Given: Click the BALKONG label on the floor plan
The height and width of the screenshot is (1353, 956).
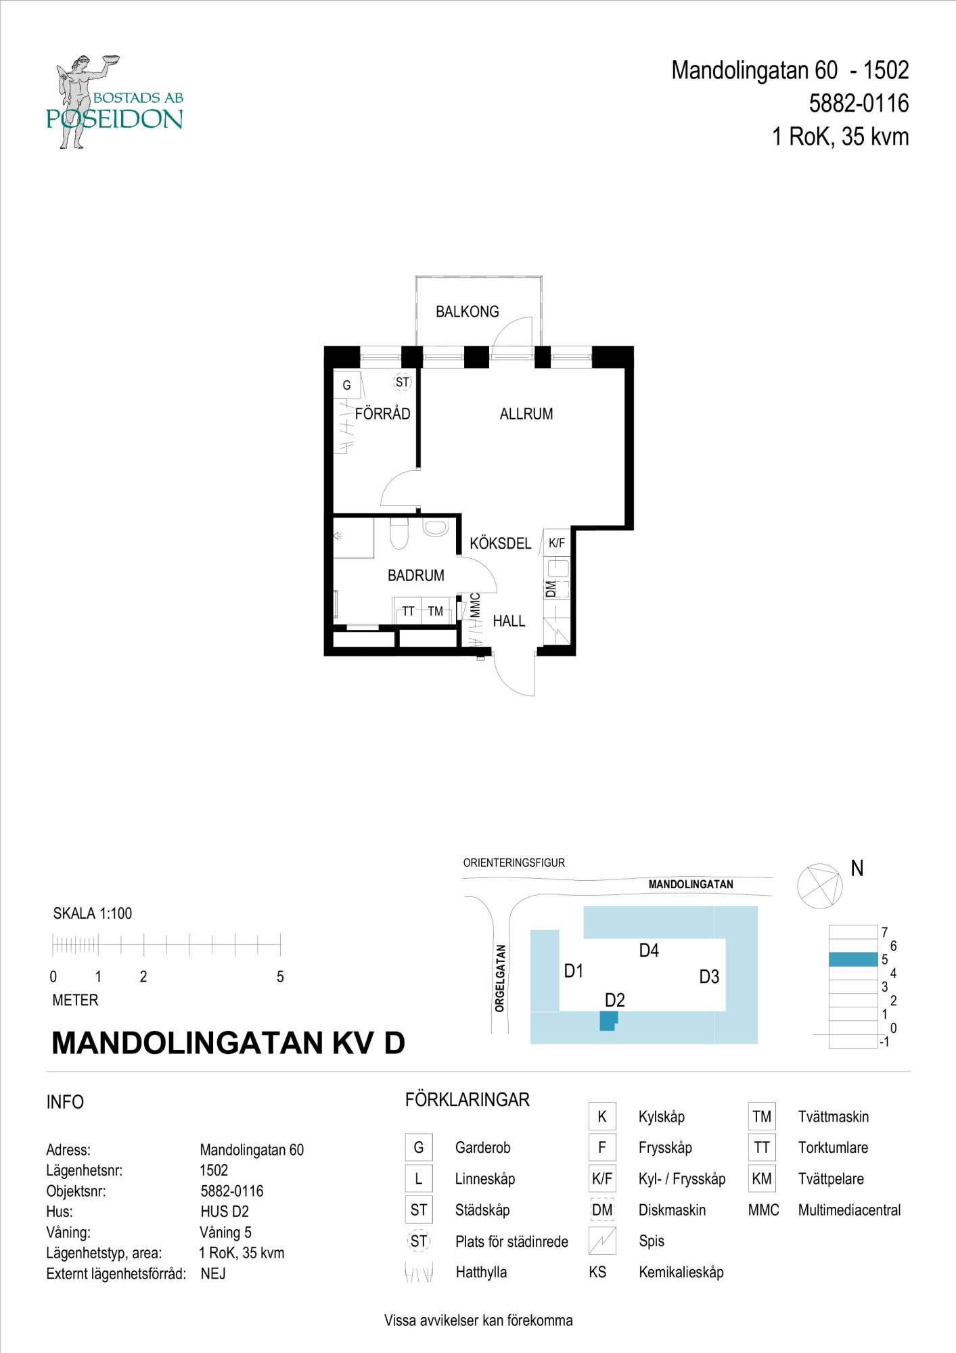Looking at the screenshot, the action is [x=467, y=312].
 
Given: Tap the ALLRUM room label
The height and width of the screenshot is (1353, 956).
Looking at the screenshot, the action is [x=526, y=414].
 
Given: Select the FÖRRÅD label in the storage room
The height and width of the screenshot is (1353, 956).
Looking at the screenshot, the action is [x=383, y=414].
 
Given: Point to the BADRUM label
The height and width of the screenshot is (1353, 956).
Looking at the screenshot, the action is [x=416, y=576].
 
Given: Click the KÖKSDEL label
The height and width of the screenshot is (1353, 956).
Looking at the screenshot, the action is [x=501, y=544].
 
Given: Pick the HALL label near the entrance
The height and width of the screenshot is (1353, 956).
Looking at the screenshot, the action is [x=509, y=621].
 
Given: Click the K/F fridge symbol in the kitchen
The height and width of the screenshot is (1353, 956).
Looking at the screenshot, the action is [x=557, y=543].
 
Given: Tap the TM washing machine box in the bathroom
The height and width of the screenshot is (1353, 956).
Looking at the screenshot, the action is [x=436, y=612].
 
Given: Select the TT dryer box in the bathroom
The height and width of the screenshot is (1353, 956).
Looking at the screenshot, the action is [x=408, y=612].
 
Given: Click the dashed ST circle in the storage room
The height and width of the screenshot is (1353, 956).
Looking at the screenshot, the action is [x=403, y=382].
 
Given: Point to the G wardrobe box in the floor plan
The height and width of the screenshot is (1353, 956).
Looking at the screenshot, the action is [x=347, y=386].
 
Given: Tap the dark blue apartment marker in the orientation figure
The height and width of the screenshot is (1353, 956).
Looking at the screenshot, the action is [x=609, y=1020].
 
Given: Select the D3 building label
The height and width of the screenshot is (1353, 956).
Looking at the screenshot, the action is [x=709, y=977].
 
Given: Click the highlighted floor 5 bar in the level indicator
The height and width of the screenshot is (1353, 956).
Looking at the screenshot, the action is [x=852, y=959].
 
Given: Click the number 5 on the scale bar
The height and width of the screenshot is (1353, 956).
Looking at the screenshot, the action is [x=280, y=977].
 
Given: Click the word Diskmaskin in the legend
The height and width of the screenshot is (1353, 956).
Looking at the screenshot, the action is [x=672, y=1210].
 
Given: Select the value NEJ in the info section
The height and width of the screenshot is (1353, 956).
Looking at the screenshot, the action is [x=213, y=1274].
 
